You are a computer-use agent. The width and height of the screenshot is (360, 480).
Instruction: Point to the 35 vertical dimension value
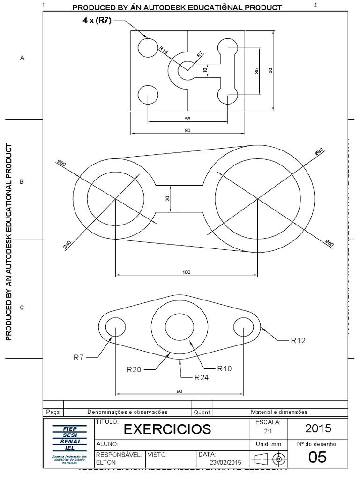[x=256, y=71]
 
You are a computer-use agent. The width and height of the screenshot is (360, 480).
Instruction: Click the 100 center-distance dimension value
[x=186, y=272]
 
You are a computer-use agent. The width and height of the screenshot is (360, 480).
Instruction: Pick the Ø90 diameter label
[x=319, y=153]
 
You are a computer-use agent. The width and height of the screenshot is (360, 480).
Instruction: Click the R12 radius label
[x=298, y=341]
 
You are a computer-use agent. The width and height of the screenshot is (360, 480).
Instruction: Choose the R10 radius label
[x=225, y=368]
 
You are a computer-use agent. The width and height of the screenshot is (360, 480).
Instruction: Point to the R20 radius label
[x=134, y=369]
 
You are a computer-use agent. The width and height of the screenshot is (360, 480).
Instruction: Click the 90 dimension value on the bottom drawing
[x=180, y=391]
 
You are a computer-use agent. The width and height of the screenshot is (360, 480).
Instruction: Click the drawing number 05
[x=317, y=457]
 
